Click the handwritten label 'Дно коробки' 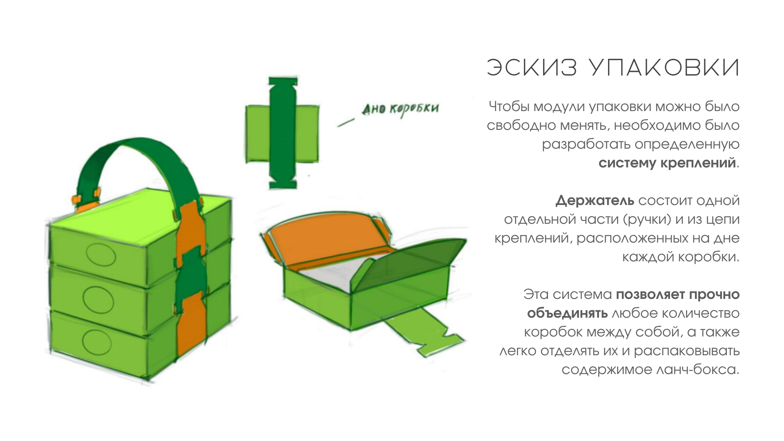coord(400,109)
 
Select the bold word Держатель coord(595,201)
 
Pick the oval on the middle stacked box coord(98,299)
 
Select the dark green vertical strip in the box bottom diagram coord(283,133)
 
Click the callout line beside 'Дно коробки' coord(345,122)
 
